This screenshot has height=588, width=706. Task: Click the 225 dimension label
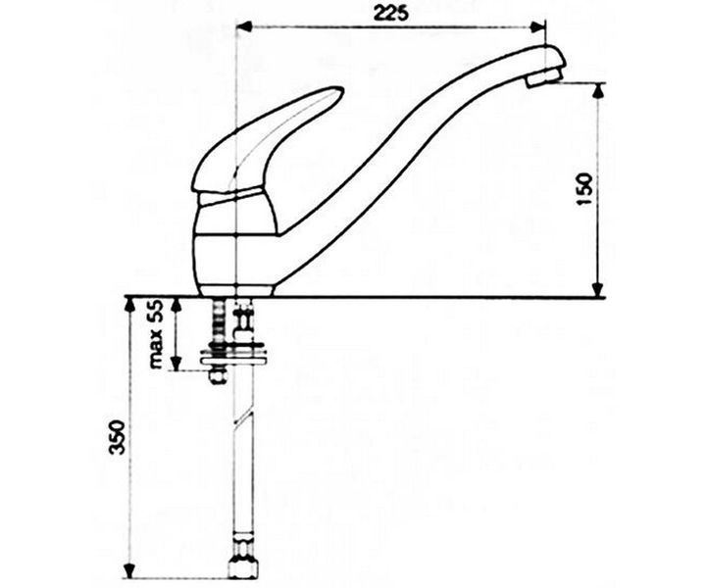tap(391, 13)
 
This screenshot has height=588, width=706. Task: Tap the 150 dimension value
tap(584, 189)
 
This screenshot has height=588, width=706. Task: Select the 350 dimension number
tap(117, 437)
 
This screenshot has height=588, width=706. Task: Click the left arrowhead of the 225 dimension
tap(243, 27)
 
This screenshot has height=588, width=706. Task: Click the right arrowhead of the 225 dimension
tap(537, 27)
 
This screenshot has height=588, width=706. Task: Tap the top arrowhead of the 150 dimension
tap(597, 90)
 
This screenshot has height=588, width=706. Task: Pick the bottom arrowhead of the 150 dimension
tap(597, 289)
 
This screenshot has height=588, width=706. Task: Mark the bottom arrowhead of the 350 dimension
tap(129, 570)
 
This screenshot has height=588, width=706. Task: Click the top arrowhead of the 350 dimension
tap(129, 305)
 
